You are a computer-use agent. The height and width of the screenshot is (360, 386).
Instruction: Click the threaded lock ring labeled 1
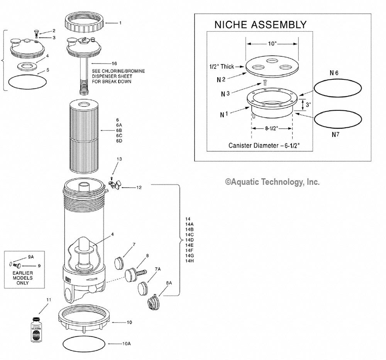pyautogui.click(x=84, y=24)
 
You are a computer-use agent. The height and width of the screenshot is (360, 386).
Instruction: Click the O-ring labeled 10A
pyautogui.click(x=83, y=343)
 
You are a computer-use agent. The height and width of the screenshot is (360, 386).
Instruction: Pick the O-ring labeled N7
pyautogui.click(x=338, y=120)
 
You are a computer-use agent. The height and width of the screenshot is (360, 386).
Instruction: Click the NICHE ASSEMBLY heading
pyautogui.click(x=260, y=25)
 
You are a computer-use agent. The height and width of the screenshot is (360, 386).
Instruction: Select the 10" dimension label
pyautogui.click(x=273, y=44)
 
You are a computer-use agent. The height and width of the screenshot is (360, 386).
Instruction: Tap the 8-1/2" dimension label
pyautogui.click(x=272, y=129)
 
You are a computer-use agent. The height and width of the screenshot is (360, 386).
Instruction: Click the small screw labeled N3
pyautogui.click(x=265, y=82)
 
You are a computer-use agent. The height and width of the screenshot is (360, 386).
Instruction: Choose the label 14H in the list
pyautogui.click(x=190, y=261)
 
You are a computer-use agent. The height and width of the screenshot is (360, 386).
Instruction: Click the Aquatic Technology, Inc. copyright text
pyautogui.click(x=273, y=182)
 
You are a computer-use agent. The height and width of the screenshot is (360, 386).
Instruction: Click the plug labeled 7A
pyautogui.click(x=143, y=288)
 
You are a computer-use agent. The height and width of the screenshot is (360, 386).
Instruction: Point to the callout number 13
pyautogui.click(x=119, y=159)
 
